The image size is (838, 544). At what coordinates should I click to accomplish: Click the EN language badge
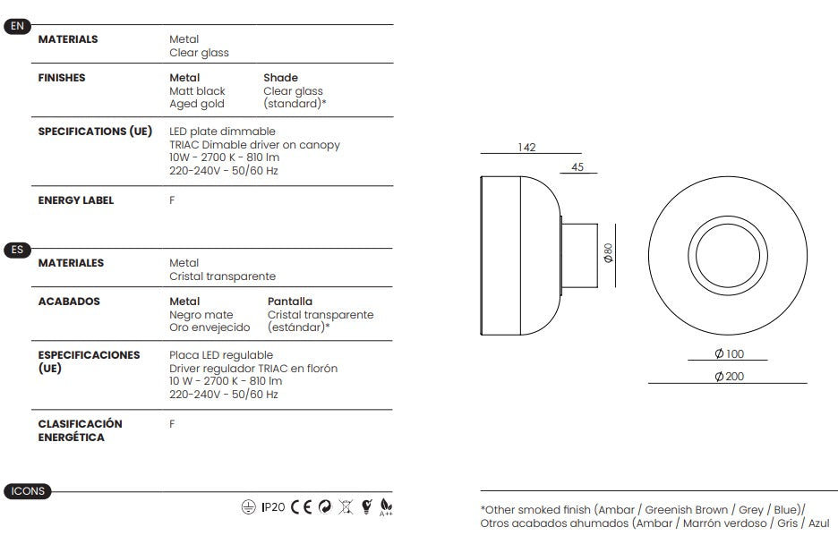pyautogui.click(x=17, y=26)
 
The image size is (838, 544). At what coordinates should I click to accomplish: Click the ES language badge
pyautogui.click(x=17, y=250)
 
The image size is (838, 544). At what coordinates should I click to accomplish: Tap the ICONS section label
pyautogui.click(x=28, y=491)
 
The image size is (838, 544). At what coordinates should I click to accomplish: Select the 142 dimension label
pyautogui.click(x=526, y=148)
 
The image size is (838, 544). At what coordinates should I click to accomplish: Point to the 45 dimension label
pyautogui.click(x=577, y=167)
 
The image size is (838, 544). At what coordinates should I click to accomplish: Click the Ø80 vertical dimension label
pyautogui.click(x=608, y=253)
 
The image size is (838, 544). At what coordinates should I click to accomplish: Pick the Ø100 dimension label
pyautogui.click(x=729, y=353)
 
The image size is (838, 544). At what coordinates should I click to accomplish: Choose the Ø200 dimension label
pyautogui.click(x=729, y=377)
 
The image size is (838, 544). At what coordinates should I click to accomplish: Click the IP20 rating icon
pyautogui.click(x=273, y=507)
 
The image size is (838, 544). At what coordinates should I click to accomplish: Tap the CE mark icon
pyautogui.click(x=302, y=507)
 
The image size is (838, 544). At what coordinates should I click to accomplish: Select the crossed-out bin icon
pyautogui.click(x=346, y=507)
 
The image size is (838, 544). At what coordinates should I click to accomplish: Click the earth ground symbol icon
pyautogui.click(x=249, y=507)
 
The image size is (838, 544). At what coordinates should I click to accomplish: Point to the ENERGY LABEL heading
pyautogui.click(x=76, y=200)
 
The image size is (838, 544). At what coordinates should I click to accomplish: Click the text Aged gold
pyautogui.click(x=197, y=104)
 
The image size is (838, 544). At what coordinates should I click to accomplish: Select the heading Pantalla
pyautogui.click(x=290, y=302)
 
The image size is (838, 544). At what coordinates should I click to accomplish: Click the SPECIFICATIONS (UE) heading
pyautogui.click(x=95, y=132)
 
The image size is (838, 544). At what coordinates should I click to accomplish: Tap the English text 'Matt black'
pyautogui.click(x=197, y=90)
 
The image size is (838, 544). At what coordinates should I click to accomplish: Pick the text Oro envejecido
pyautogui.click(x=209, y=327)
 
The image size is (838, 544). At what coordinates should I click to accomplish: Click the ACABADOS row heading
pyautogui.click(x=69, y=302)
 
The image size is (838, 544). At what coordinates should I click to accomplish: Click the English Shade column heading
pyautogui.click(x=280, y=78)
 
